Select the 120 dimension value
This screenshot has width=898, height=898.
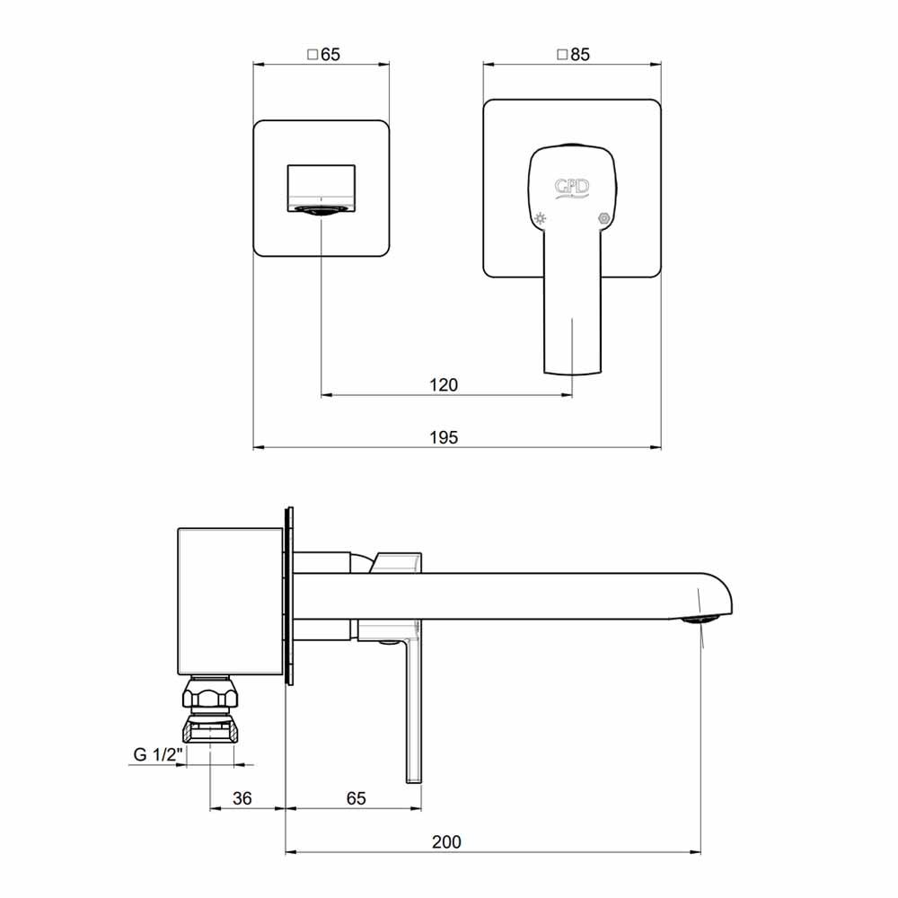coord(444,385)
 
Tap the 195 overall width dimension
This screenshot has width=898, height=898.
coord(444,437)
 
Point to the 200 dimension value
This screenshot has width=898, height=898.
coord(446,842)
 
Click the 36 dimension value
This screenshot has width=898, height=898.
coord(242,798)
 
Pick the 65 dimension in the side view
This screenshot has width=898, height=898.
coord(357,798)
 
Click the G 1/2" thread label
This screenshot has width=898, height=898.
coord(158,754)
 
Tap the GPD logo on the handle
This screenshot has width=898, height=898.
coord(571,188)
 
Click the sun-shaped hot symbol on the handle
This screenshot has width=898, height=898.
coord(540,218)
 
